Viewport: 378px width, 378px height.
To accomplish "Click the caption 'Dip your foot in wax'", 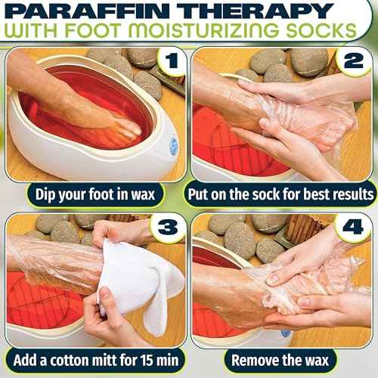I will click(94, 194).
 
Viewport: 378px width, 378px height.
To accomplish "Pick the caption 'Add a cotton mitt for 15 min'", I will click(94, 360).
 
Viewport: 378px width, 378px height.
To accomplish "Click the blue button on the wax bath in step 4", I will click(287, 333).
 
